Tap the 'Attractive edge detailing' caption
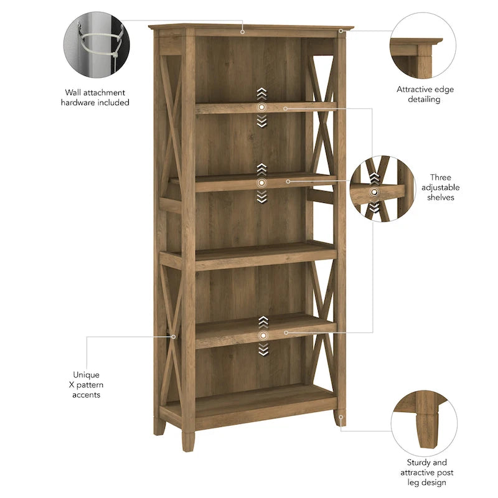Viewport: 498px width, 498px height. (425, 94)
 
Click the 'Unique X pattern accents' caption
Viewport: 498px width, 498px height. (86, 385)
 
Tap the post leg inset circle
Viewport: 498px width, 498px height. (424, 421)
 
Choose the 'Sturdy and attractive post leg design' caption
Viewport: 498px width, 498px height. (426, 472)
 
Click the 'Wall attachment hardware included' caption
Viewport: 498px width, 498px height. (95, 97)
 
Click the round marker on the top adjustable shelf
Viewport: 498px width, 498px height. (261, 108)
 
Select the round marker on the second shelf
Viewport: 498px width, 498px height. (261, 182)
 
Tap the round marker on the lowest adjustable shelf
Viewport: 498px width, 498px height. (262, 335)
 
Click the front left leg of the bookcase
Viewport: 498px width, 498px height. (187, 439)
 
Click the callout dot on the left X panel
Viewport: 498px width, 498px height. (174, 337)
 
